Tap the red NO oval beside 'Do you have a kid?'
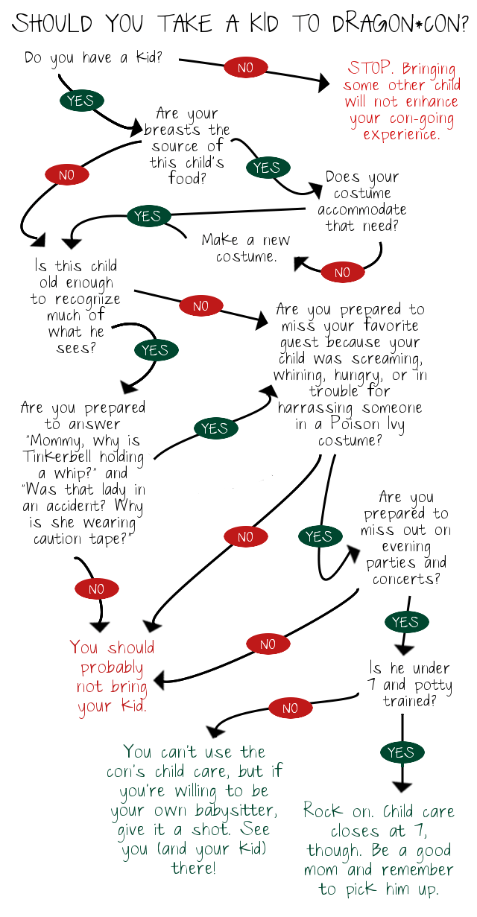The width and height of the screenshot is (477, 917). [x=244, y=67]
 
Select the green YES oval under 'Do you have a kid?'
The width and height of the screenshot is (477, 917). [x=80, y=101]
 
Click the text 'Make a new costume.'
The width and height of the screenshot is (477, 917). [x=246, y=248]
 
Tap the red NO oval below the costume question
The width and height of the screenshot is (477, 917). [x=341, y=272]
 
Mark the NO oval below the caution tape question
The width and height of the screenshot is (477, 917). [x=95, y=588]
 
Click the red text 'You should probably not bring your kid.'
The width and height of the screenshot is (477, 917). [x=112, y=676]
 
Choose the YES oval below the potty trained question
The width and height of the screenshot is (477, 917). [x=401, y=752]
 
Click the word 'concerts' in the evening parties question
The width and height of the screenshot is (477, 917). [x=402, y=579]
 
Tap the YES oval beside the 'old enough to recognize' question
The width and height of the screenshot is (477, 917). [x=154, y=349]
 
